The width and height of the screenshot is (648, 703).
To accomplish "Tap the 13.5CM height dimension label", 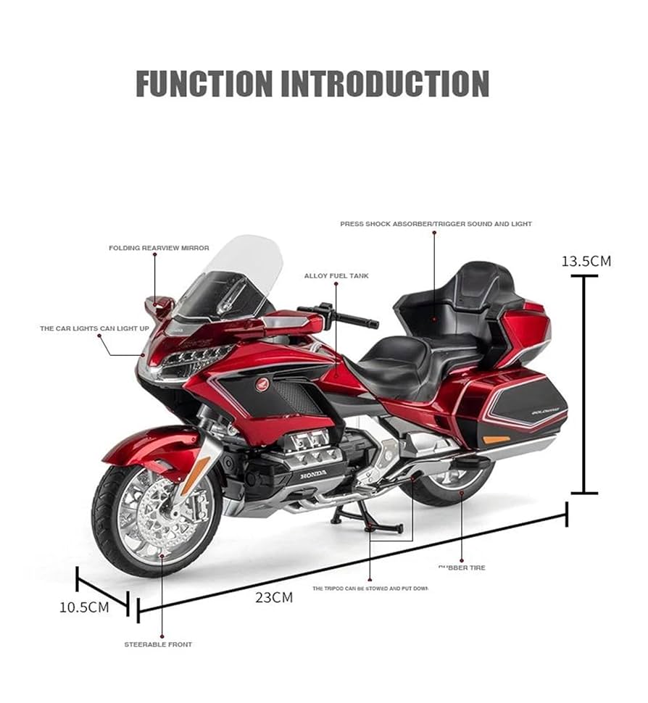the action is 586,261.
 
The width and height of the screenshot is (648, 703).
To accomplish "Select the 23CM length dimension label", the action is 273,597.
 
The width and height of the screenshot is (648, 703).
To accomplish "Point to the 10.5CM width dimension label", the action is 84,607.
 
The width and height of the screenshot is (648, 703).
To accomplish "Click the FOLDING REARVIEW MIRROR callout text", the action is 159,248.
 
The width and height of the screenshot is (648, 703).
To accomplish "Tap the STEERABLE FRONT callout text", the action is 158,644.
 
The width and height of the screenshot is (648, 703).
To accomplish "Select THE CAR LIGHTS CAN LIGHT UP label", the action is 94,328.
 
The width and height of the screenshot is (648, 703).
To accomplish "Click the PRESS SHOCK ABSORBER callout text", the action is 436,224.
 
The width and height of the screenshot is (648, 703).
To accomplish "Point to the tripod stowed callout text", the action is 370,588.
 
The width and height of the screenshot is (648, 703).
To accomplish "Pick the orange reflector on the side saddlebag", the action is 496,439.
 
